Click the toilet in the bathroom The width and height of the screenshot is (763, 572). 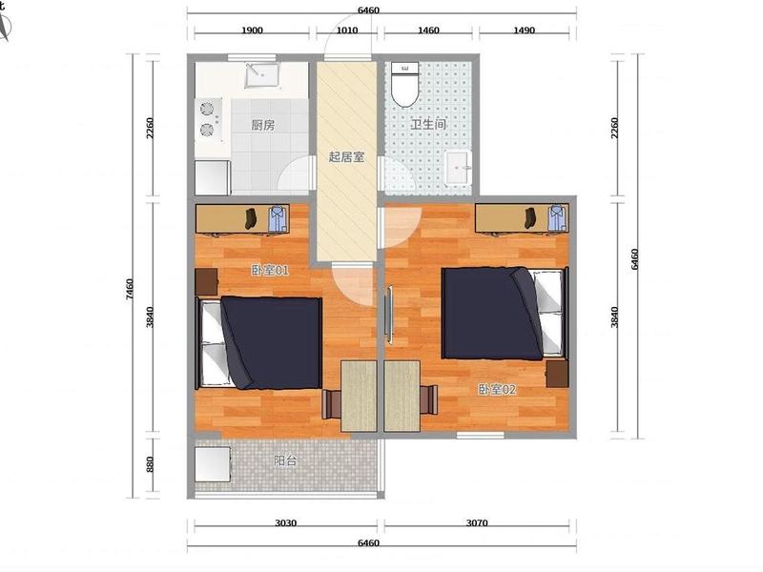[405, 85]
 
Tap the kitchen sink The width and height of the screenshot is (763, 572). [262, 75]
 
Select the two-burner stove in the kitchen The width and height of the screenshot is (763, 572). [209, 120]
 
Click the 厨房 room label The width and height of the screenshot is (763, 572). [263, 125]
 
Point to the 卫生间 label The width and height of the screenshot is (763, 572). [428, 124]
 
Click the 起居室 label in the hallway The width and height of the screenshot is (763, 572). [346, 156]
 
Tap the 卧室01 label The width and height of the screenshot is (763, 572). [270, 270]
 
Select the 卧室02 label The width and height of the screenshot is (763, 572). [497, 389]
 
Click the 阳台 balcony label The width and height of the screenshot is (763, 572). [285, 460]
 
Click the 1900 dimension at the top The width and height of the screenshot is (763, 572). [252, 31]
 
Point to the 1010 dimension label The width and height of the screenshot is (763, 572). [347, 31]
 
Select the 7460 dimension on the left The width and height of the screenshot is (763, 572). [130, 289]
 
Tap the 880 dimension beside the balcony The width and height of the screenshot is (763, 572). [150, 464]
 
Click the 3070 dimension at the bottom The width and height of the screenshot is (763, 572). [477, 522]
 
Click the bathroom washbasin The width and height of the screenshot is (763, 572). [459, 168]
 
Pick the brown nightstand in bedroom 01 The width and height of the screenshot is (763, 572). [206, 282]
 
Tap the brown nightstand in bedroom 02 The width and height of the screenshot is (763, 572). [557, 374]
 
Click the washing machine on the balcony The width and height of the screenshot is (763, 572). [213, 464]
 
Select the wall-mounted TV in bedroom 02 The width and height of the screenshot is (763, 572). [389, 317]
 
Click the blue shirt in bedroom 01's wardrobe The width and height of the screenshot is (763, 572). [278, 218]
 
